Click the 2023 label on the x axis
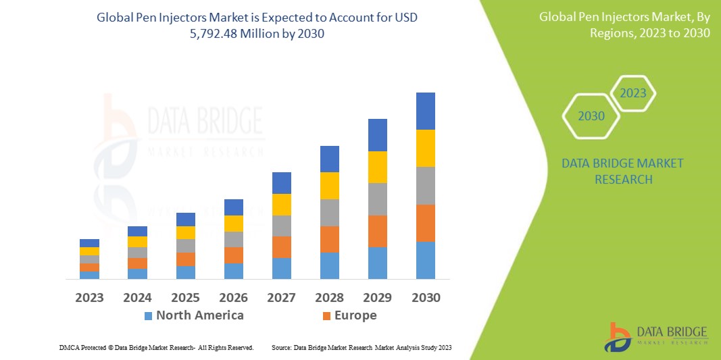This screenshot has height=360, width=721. pyautogui.click(x=89, y=298)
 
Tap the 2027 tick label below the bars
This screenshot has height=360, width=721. pyautogui.click(x=282, y=298)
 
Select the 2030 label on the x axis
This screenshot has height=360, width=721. pyautogui.click(x=426, y=298)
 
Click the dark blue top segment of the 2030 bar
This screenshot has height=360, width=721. pyautogui.click(x=426, y=111)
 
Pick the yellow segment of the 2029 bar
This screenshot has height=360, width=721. pyautogui.click(x=378, y=167)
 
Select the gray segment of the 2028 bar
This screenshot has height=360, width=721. pyautogui.click(x=330, y=212)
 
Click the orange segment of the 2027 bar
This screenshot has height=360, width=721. pyautogui.click(x=282, y=247)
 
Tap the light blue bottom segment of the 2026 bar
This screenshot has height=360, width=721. pyautogui.click(x=234, y=271)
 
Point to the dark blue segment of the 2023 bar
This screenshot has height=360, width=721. pyautogui.click(x=89, y=243)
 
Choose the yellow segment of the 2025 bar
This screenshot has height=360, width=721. pyautogui.click(x=186, y=232)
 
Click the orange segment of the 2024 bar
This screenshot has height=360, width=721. pyautogui.click(x=137, y=263)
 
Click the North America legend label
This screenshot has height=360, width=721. pyautogui.click(x=199, y=315)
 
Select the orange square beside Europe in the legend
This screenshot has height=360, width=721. pyautogui.click(x=327, y=315)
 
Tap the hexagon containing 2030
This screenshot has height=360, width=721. pyautogui.click(x=591, y=116)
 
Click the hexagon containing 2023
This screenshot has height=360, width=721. pyautogui.click(x=633, y=93)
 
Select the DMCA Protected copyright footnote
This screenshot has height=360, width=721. pyautogui.click(x=156, y=347)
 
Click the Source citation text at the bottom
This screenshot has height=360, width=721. pyautogui.click(x=362, y=347)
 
